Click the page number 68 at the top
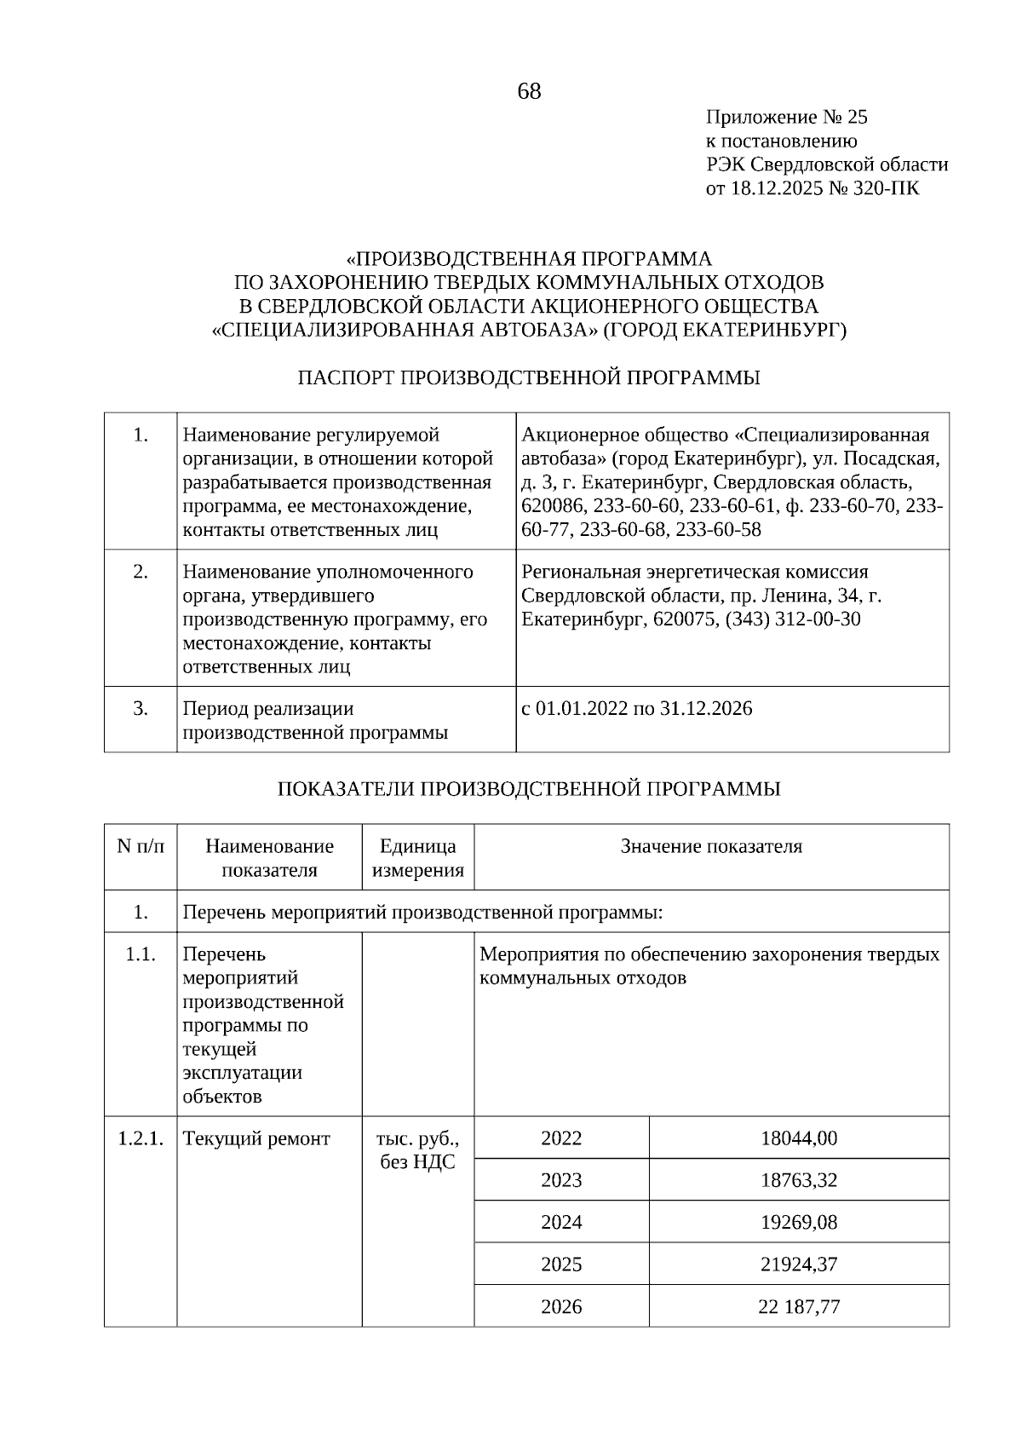click(x=529, y=91)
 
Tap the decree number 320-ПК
click(x=892, y=188)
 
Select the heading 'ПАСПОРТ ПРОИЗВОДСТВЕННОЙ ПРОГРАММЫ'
click(x=528, y=377)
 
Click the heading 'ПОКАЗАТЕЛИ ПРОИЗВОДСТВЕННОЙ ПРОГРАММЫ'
click(x=528, y=789)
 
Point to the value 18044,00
click(x=798, y=1138)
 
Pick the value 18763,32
click(x=798, y=1180)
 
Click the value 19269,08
click(x=798, y=1223)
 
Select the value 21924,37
click(x=798, y=1265)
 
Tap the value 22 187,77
click(x=798, y=1307)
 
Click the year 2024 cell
click(x=561, y=1223)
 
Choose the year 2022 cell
click(x=561, y=1138)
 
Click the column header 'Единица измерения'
click(x=418, y=858)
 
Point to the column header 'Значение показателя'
click(x=711, y=846)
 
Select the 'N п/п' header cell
click(x=141, y=846)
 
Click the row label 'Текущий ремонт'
click(x=256, y=1138)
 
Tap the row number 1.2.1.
click(x=141, y=1138)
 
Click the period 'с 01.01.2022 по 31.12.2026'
click(x=636, y=709)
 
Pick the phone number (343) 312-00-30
click(x=792, y=619)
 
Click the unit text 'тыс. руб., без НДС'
click(x=418, y=1150)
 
